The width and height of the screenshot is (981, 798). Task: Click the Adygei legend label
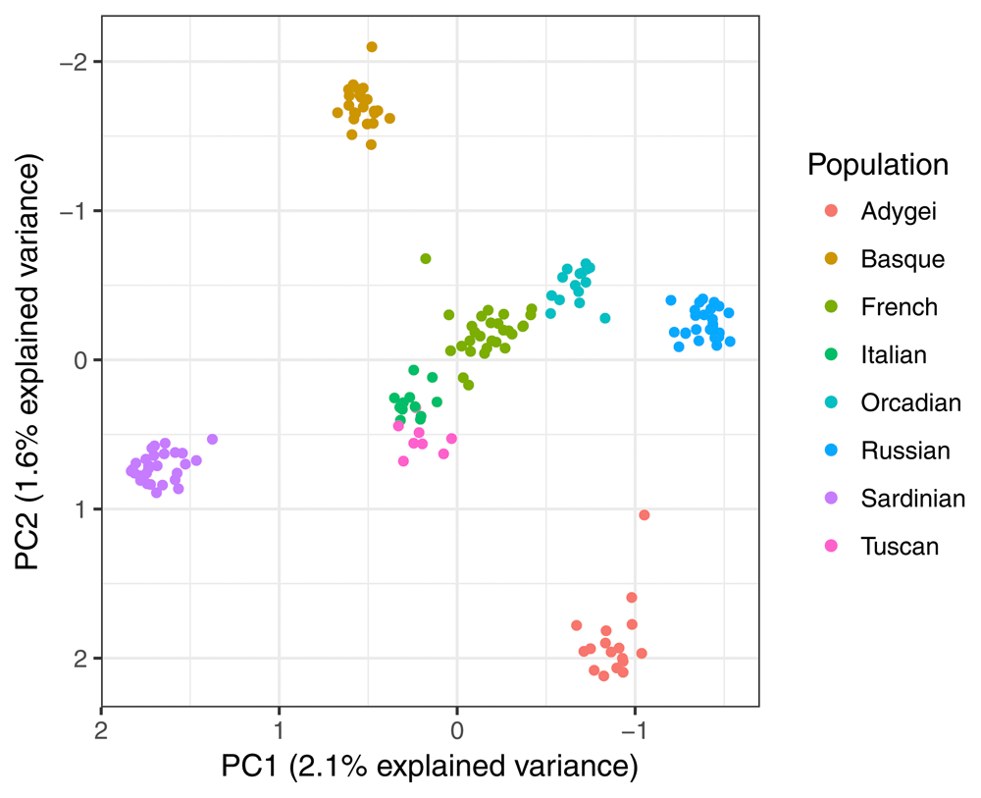point(899,211)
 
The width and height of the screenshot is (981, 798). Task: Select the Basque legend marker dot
point(831,259)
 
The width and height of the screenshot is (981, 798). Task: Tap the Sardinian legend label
point(912,499)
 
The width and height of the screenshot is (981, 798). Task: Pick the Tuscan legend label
point(900,547)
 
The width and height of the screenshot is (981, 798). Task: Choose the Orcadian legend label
point(910,402)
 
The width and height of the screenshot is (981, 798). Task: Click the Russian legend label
point(905,451)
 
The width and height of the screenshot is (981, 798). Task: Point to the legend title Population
point(878,165)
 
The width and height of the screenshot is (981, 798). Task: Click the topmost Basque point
point(372,47)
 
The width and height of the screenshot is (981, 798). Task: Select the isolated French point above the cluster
point(426,259)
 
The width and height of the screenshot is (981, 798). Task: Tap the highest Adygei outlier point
point(645,515)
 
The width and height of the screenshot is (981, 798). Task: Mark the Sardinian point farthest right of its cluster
point(212,440)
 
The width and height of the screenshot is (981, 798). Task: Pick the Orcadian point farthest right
point(605,318)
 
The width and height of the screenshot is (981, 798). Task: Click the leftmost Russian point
point(671,300)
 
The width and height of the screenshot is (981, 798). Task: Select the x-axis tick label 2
point(101,729)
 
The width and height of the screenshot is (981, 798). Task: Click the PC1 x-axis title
point(430,766)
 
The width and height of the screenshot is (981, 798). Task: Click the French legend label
point(899,307)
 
